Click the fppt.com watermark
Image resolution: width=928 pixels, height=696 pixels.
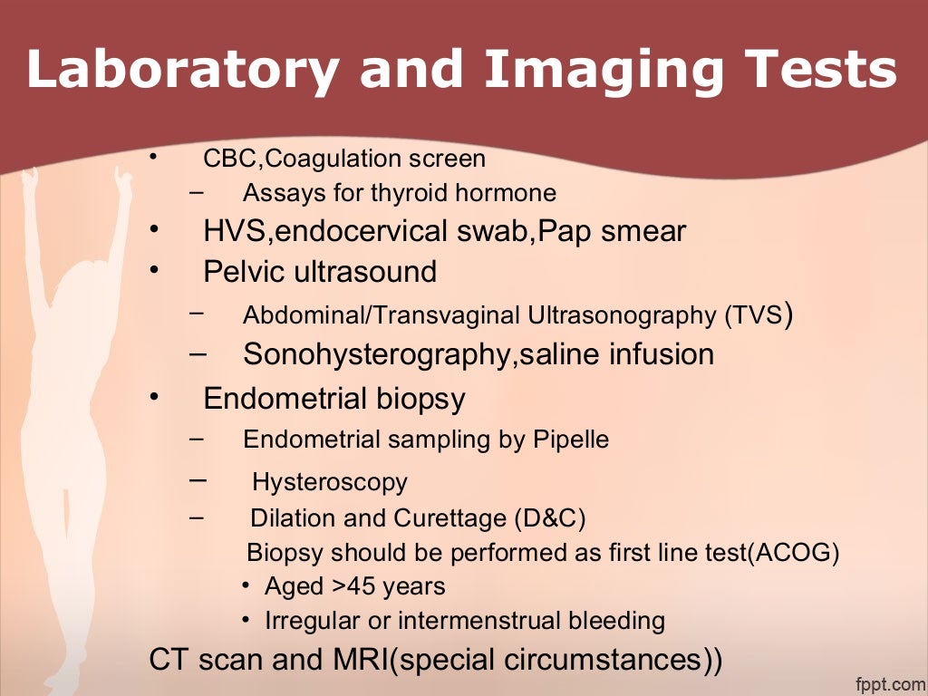(887, 681)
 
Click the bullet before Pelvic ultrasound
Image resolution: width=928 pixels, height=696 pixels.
(155, 269)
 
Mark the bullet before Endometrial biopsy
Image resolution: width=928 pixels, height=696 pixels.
(155, 396)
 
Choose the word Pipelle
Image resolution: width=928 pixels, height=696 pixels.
(570, 440)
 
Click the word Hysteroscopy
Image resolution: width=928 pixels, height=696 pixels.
(330, 482)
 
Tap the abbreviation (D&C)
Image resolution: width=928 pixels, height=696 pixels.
(550, 519)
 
